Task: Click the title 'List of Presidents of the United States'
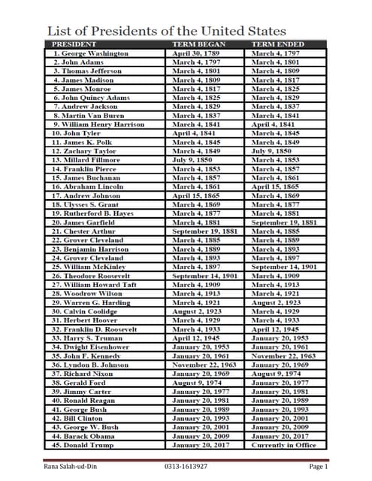[167, 31]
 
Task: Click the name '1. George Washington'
[90, 54]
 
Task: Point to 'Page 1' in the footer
[319, 467]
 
